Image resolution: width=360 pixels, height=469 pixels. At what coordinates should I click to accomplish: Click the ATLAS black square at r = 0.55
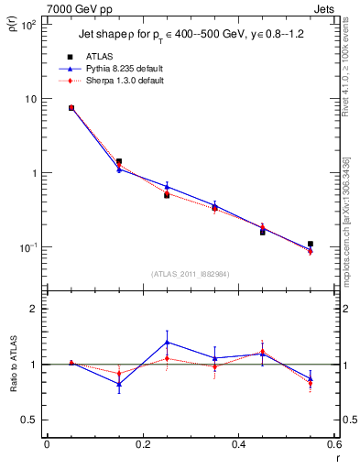tap(311, 245)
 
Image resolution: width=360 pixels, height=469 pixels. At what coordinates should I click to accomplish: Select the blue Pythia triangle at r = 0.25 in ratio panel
tap(167, 342)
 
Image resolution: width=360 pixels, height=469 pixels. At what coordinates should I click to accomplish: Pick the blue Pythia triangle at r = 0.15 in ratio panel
tap(119, 384)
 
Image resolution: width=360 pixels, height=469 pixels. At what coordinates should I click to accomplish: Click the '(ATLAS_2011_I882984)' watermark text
tap(190, 274)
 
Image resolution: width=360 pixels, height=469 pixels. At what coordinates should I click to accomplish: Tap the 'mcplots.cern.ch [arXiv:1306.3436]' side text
tap(351, 221)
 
